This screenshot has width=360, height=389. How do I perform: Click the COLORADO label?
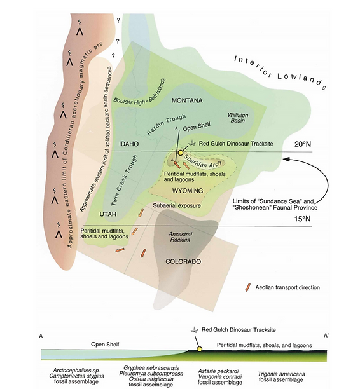coord(183,262)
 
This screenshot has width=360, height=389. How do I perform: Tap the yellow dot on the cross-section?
coord(199,349)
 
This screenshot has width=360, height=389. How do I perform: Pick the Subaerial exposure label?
coord(177,205)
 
